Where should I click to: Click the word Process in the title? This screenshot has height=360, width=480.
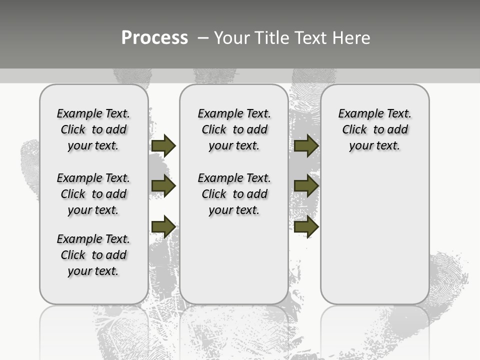(154, 38)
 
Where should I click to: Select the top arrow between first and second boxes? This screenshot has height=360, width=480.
(163, 146)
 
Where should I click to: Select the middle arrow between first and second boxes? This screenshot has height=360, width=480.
(163, 186)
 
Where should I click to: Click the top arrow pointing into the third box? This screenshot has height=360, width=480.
(306, 146)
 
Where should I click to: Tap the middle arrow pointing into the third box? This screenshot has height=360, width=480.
(306, 186)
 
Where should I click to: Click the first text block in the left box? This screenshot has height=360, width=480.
(93, 129)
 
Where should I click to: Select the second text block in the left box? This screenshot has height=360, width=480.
(93, 194)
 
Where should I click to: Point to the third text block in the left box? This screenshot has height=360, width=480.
(93, 255)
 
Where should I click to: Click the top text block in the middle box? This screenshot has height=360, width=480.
(234, 129)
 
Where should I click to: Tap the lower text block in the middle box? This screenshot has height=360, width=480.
(234, 194)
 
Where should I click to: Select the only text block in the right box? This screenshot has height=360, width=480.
(375, 129)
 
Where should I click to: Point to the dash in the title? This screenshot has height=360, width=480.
(203, 38)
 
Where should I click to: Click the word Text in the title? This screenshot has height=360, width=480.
(311, 38)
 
